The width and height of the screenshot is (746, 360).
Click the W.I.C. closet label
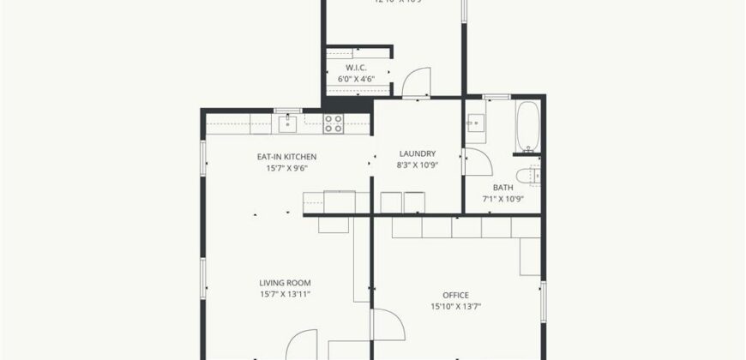(357, 67)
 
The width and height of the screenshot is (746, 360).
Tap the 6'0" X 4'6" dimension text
(357, 79)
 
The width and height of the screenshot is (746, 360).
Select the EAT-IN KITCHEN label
(287, 157)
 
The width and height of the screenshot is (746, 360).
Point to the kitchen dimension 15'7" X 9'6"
(287, 168)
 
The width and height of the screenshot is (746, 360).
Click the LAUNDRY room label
(417, 154)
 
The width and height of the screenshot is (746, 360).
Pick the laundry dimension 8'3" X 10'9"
(417, 165)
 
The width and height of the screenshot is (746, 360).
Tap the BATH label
(502, 188)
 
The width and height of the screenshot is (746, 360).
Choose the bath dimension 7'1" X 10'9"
(502, 200)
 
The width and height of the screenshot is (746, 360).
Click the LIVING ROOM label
(285, 283)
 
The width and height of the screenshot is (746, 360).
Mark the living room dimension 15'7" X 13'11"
(285, 294)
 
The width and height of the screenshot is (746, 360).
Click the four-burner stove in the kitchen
(334, 123)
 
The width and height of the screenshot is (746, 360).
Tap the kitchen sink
(287, 124)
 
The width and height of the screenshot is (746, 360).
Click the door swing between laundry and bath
(474, 164)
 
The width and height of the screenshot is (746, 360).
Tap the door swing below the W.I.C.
(417, 82)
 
